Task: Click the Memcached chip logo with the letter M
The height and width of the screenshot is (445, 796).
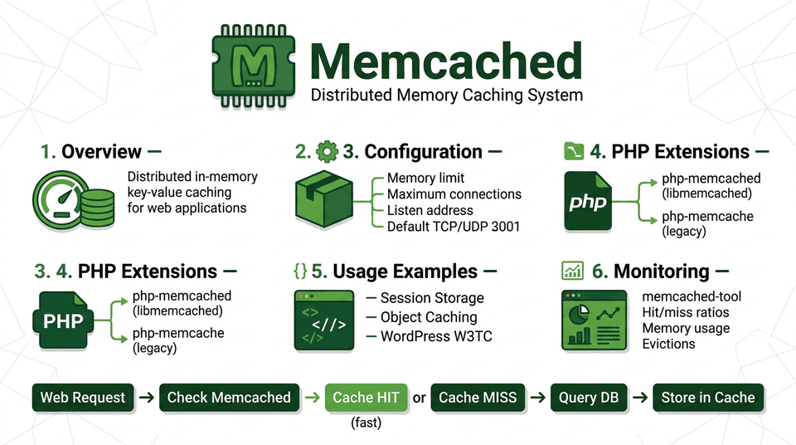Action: [x=253, y=65]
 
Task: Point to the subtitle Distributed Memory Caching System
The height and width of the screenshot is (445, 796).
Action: [x=446, y=95]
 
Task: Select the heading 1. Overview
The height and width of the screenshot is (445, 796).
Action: [x=90, y=152]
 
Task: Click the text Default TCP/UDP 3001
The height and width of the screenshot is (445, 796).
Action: [x=454, y=226]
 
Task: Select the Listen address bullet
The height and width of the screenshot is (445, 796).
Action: [x=430, y=210]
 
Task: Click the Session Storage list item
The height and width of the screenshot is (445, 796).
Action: [x=431, y=298]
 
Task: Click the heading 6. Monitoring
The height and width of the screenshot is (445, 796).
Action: [x=649, y=271]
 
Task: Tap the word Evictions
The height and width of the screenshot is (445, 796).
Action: [x=668, y=344]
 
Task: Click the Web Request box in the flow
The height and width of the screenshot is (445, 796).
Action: [x=83, y=398]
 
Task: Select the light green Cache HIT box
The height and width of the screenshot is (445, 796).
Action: [x=366, y=398]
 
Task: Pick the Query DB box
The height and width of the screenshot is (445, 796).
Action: [x=589, y=398]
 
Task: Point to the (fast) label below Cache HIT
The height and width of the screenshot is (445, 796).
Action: [x=366, y=423]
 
